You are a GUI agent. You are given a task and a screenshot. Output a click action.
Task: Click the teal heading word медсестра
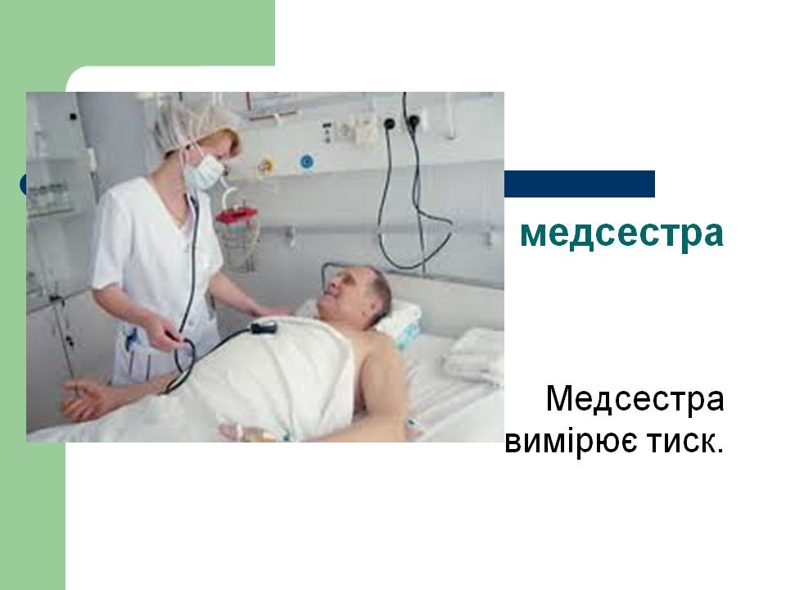[x=621, y=234]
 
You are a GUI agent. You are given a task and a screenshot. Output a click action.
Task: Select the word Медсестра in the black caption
[x=635, y=399]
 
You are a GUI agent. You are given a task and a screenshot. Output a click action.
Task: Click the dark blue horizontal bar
[x=580, y=184]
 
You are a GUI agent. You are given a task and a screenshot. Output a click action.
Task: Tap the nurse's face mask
[x=204, y=173]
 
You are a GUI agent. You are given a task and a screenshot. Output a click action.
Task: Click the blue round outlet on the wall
[x=306, y=162]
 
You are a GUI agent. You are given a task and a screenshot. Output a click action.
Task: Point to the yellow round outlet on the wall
[x=266, y=165]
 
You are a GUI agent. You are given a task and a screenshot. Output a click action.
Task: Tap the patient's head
[x=356, y=294]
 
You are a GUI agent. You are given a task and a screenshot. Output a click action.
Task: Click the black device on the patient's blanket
[x=264, y=328]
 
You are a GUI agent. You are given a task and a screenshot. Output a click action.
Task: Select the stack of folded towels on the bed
[x=474, y=355]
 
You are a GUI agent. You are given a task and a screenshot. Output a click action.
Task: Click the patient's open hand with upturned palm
[x=84, y=399]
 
